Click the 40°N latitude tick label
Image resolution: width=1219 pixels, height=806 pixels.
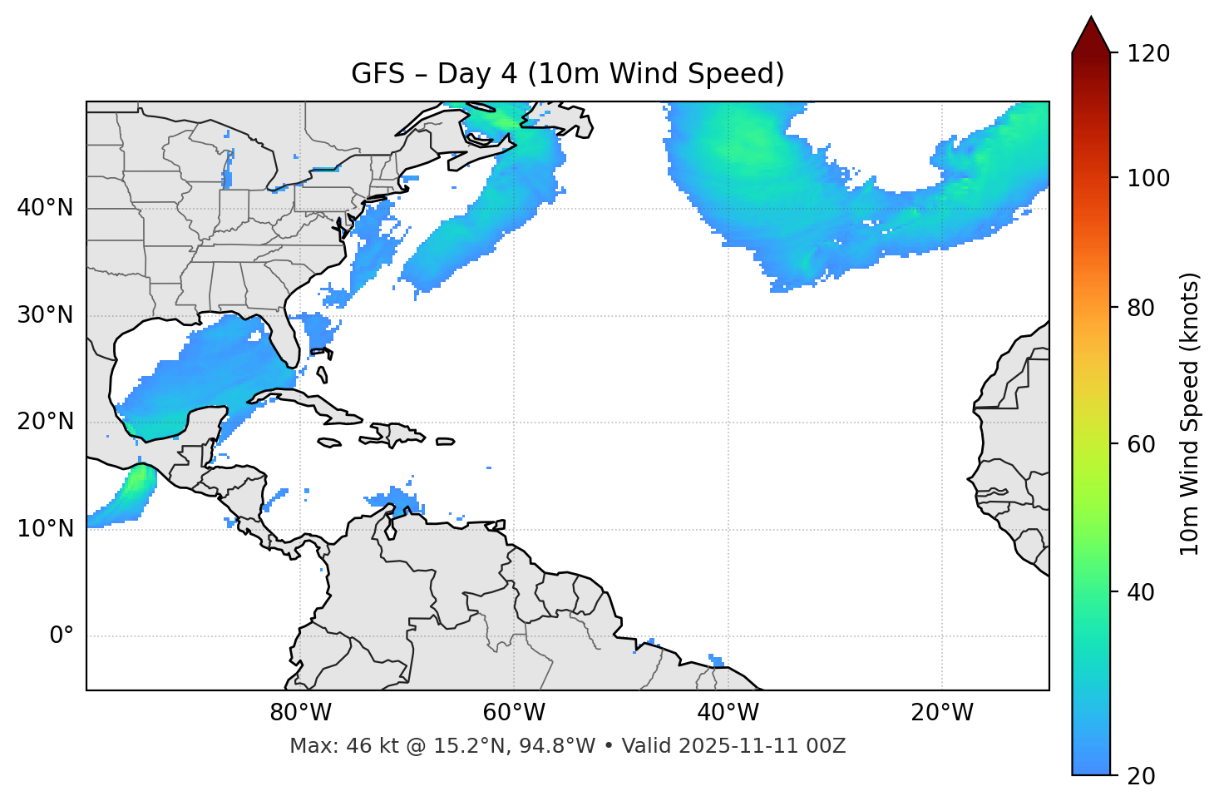pos(45,208)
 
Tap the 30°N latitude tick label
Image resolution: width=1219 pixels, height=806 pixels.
pos(45,315)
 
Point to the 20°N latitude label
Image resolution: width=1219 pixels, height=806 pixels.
pos(45,422)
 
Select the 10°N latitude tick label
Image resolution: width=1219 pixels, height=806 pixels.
pos(45,529)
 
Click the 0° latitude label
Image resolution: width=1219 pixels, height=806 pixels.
pos(62,636)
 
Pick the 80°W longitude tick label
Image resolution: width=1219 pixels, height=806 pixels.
pos(300,713)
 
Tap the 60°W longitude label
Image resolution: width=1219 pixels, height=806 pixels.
pos(514,713)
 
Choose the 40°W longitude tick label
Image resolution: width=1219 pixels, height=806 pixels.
pos(728,713)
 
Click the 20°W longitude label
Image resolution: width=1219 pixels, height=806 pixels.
pos(941,713)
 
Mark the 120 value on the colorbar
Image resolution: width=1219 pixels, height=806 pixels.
pos(1147,53)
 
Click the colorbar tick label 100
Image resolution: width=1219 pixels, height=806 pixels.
pos(1147,178)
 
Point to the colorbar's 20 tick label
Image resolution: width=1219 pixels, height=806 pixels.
pos(1140,775)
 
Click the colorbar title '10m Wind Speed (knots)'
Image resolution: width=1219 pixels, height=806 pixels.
pos(1190,413)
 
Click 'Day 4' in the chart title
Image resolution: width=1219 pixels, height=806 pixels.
pos(476,74)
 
